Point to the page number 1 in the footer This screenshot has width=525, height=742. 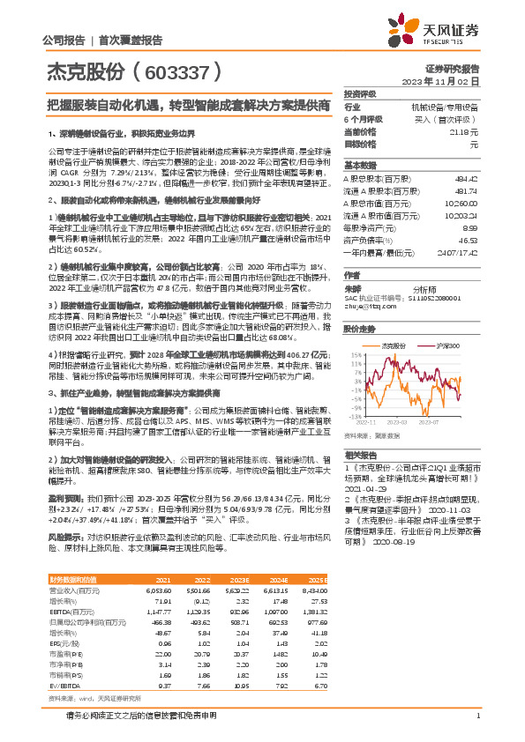tap(477, 726)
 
